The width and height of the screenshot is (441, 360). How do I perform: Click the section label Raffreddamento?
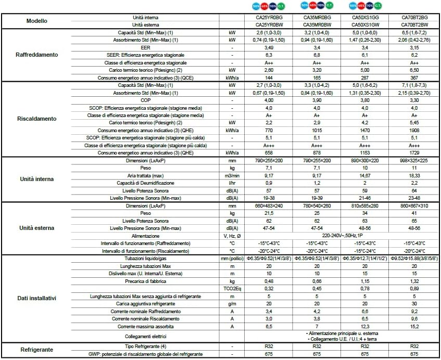(x=36, y=55)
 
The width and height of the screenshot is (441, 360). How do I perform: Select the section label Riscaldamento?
(x=36, y=119)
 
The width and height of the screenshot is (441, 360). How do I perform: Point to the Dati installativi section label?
(x=36, y=298)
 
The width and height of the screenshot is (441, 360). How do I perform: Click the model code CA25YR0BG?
(x=263, y=18)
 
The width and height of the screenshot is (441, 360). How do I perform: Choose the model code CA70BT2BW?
(x=414, y=24)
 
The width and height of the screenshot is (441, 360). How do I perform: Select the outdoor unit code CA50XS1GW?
(x=364, y=24)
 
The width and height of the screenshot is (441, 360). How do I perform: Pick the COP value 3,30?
(x=414, y=100)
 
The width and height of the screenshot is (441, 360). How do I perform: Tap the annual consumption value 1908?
(x=414, y=130)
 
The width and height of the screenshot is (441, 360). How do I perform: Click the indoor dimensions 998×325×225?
(x=414, y=161)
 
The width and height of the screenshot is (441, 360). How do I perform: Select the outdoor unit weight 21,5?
(x=263, y=213)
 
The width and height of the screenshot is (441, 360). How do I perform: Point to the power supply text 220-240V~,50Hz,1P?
(x=338, y=236)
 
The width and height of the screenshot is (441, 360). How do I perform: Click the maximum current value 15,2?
(x=414, y=326)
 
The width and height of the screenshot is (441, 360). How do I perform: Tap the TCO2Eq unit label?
(x=232, y=288)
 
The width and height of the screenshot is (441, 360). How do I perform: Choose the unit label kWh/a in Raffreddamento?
(x=232, y=78)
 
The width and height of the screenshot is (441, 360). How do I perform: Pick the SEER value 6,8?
(x=313, y=55)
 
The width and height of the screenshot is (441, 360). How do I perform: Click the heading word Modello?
(x=36, y=21)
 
